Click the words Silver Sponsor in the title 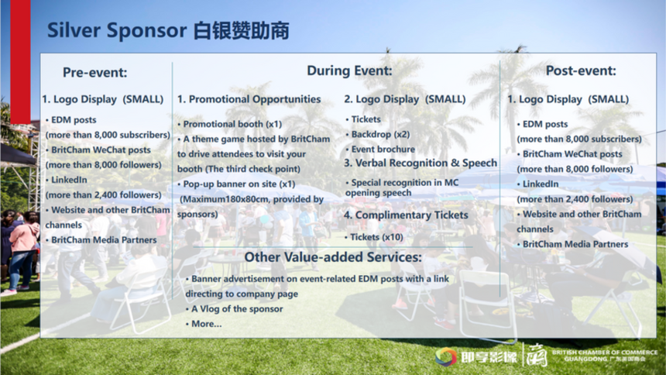tap(117, 31)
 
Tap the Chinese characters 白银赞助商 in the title tap(242, 31)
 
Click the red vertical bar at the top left tap(20, 62)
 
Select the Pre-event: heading tap(94, 72)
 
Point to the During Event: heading tap(349, 71)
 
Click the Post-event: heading tap(581, 71)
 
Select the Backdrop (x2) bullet tap(378, 134)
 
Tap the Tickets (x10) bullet tap(374, 237)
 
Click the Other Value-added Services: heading tap(333, 257)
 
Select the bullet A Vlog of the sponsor tap(234, 309)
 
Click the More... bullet tap(204, 324)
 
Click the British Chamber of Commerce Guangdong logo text tap(604, 356)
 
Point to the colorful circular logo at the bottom tap(445, 356)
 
